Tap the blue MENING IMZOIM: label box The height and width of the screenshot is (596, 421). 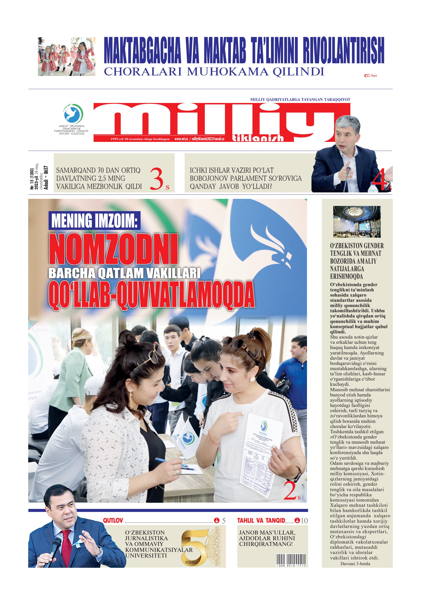(x=94, y=221)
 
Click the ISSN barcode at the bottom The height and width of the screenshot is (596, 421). (x=291, y=560)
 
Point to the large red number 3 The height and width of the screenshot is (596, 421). (x=157, y=179)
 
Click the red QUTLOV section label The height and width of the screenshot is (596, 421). (x=113, y=521)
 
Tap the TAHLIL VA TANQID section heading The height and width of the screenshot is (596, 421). (x=261, y=521)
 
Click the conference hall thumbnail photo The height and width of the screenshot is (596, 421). (x=357, y=222)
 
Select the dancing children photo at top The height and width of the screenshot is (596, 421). (x=67, y=57)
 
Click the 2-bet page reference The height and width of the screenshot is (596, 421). (x=371, y=75)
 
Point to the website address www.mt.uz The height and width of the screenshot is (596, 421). (x=181, y=139)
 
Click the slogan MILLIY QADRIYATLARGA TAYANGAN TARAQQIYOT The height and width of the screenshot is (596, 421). (x=300, y=99)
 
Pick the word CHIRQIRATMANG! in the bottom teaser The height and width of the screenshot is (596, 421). (x=266, y=544)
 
